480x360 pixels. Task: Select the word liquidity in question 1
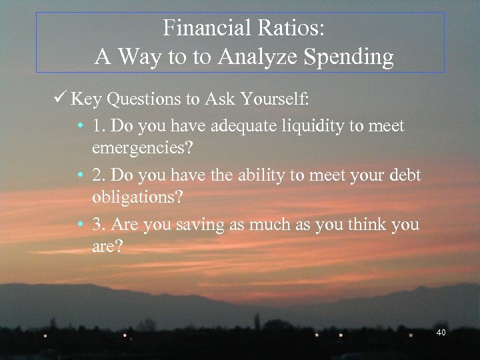303,126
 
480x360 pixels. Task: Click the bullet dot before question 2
79,175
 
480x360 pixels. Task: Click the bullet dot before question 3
79,224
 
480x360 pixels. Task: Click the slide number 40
441,333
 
